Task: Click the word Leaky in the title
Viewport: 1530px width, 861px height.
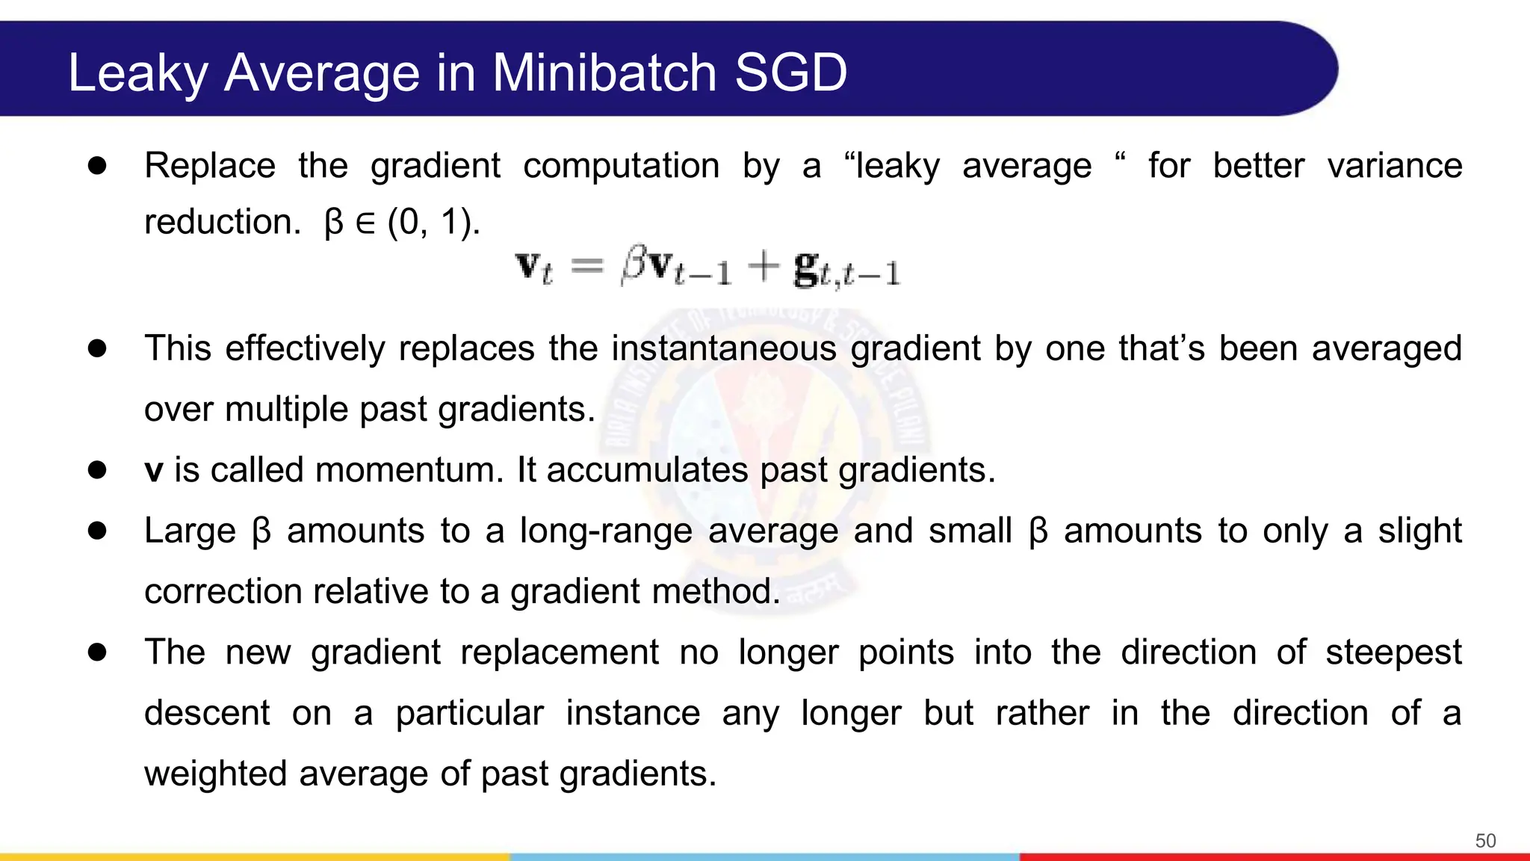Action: (x=138, y=73)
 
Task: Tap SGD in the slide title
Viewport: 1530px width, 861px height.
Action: (x=791, y=73)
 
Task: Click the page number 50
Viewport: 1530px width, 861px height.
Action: (x=1485, y=841)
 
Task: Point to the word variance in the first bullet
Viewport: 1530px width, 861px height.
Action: (x=1395, y=166)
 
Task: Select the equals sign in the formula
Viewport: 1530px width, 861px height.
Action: (x=587, y=265)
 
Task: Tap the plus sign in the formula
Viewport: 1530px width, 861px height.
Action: (x=764, y=267)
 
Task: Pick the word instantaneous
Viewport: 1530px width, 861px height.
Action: (x=724, y=349)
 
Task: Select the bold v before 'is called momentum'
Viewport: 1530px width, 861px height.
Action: (x=154, y=471)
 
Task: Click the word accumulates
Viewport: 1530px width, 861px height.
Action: (x=647, y=471)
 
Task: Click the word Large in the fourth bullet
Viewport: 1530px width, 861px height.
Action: (x=190, y=531)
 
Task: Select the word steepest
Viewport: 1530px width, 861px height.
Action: (x=1393, y=653)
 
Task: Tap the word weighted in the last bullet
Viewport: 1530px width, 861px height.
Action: (x=215, y=774)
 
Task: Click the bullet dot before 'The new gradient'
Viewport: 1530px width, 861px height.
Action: (x=97, y=652)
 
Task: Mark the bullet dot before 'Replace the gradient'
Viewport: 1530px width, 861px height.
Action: (x=97, y=166)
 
